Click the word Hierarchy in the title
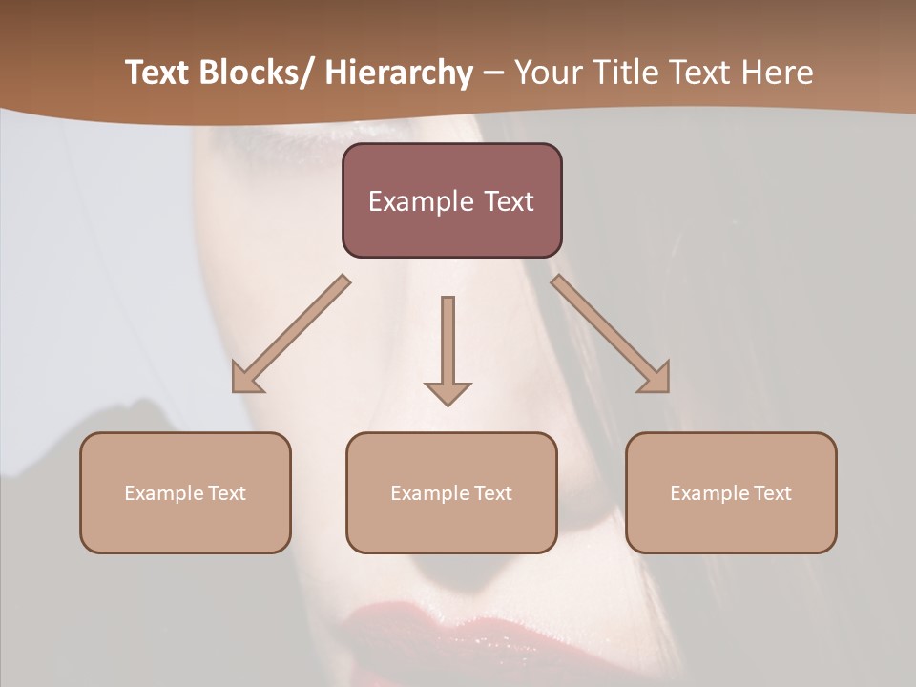click(x=399, y=73)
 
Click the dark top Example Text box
click(x=451, y=200)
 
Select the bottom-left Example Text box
click(x=185, y=492)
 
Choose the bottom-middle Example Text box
click(x=451, y=492)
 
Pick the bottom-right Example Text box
click(x=731, y=492)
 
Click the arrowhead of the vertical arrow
click(x=448, y=392)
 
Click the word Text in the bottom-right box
click(x=772, y=493)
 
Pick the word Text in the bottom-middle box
click(x=492, y=493)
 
